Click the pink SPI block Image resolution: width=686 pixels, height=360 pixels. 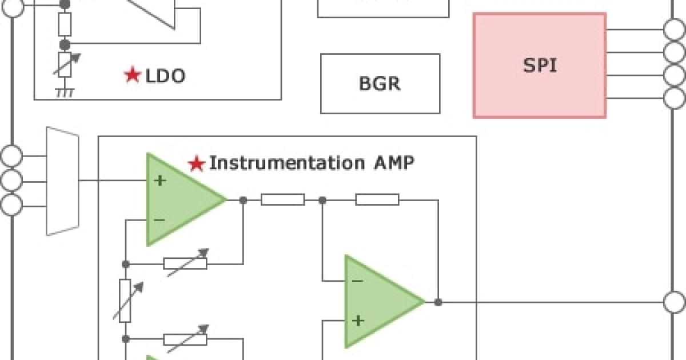coord(539,65)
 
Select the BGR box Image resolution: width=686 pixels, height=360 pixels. coord(380,83)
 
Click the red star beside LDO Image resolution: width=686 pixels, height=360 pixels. coord(132,75)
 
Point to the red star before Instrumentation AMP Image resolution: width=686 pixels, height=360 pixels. coord(197,164)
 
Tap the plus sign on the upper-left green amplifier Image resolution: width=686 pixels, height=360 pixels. coord(160,181)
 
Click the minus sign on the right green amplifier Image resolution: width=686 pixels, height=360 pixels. coord(357,281)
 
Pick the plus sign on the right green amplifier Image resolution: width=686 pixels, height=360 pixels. coord(358,321)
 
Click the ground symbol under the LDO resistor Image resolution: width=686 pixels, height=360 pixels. coord(65,92)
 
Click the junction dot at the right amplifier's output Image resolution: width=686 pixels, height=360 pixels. coord(438,302)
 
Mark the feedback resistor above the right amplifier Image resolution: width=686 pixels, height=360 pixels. coord(377,199)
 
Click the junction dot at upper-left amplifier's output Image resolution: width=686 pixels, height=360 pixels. coord(244,200)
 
